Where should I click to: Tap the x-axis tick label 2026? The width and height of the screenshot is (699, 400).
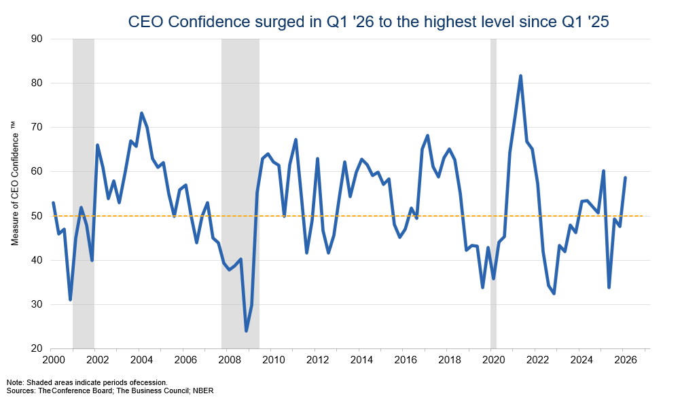tap(624, 359)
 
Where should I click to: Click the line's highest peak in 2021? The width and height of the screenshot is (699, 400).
tap(520, 76)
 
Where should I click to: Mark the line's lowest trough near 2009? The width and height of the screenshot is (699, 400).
tap(246, 331)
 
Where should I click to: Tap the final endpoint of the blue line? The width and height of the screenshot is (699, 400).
tap(625, 178)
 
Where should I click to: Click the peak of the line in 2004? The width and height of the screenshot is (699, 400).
tap(141, 113)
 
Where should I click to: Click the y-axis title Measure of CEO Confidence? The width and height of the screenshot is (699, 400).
tap(15, 183)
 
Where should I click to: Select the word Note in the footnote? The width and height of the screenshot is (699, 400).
tap(13, 382)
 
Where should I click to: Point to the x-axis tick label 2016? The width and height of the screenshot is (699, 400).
tap(404, 359)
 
